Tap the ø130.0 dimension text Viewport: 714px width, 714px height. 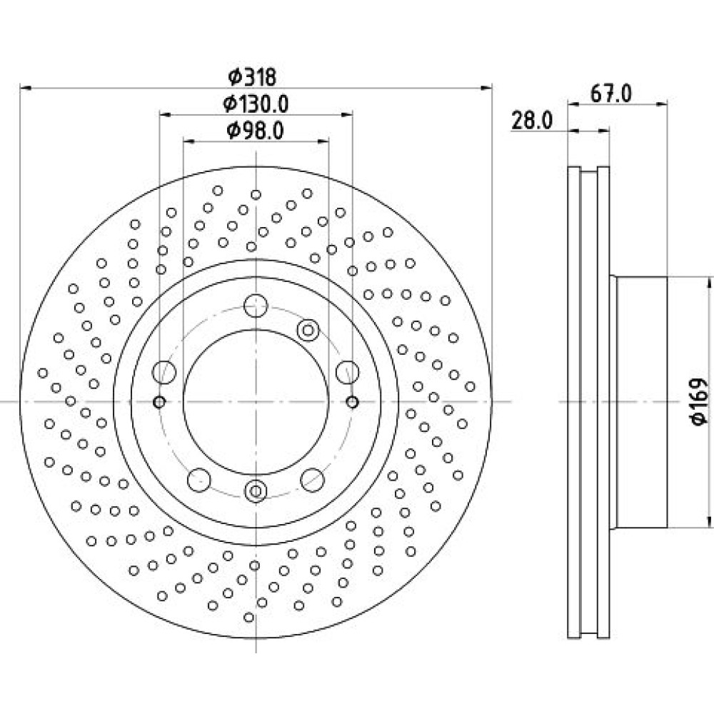coord(256,104)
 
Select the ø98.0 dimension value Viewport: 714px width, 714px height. coord(256,131)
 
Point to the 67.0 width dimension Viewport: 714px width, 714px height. coord(611,94)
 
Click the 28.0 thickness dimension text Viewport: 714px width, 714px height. coord(532,121)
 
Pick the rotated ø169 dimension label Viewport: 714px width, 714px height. coord(700,401)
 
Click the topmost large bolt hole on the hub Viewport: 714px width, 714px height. coord(256,306)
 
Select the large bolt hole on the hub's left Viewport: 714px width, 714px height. coord(164,372)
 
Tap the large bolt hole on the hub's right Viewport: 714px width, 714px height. coord(348,372)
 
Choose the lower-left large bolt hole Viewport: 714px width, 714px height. coord(199,480)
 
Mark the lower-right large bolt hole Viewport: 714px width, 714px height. coord(313,480)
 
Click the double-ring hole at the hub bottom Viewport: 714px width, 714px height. coord(256,491)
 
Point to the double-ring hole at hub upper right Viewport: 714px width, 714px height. coord(308,330)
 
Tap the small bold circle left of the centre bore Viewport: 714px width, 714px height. coord(159,402)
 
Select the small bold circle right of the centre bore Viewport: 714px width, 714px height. coord(353,402)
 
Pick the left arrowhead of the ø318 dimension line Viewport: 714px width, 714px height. coord(26,87)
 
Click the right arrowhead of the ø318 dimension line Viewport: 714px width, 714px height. coord(487,87)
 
